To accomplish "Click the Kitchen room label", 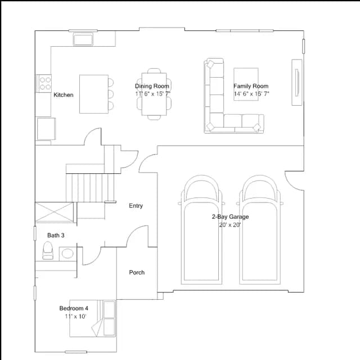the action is point(64,95).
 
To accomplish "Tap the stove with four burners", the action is point(44,83).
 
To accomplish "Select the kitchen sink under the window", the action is point(83,39).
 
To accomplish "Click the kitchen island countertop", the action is point(94,94).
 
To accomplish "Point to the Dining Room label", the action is point(152,86).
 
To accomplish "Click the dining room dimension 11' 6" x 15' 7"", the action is point(152,94).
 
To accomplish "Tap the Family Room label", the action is point(251,86).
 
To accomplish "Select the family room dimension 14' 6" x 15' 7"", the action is point(251,94).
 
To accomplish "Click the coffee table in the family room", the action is point(246,84).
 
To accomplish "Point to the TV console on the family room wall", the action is point(297,83).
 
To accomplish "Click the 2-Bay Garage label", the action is point(230,217).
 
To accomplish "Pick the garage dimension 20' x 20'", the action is point(230,225).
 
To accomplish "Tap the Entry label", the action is point(136,205).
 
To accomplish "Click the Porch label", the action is point(137,272).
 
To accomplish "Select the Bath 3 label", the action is point(56,235).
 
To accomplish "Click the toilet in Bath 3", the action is point(48,250).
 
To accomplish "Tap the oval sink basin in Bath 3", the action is point(67,254).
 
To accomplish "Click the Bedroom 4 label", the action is point(74,308).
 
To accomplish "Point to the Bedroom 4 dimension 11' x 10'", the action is point(75,316).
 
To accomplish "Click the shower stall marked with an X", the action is point(55,213).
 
